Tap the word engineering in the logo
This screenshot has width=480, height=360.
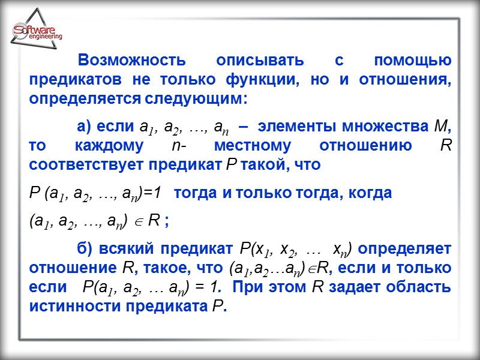[45, 37]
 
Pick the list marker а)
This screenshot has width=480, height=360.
[83, 127]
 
